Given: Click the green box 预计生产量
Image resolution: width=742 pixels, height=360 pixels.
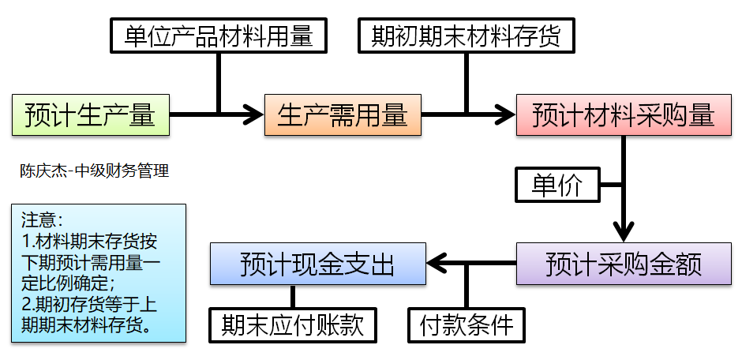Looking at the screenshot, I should click(x=90, y=114).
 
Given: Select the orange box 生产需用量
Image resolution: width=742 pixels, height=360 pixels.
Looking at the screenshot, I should click(x=342, y=114).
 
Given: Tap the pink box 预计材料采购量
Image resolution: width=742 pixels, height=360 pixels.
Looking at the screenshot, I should click(x=623, y=114).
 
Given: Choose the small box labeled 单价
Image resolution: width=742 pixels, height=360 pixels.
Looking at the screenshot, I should click(x=557, y=186).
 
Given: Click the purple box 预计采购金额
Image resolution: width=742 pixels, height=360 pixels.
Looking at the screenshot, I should click(x=624, y=263).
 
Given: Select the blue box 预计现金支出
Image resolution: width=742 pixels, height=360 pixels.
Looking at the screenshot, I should click(x=317, y=263).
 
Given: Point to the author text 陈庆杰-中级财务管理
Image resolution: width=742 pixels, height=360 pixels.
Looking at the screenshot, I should click(x=95, y=171).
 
